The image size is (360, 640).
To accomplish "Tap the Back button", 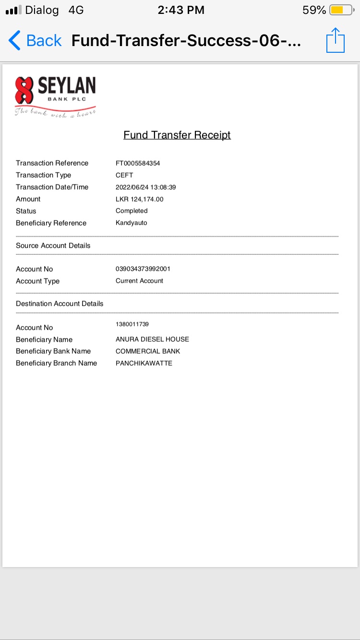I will (35, 41).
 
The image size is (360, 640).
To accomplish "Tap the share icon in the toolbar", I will (336, 40).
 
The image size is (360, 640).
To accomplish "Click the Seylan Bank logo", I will (55, 96).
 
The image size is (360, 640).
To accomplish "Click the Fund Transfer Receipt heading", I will (177, 135).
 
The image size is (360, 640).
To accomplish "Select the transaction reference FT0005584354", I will (138, 163).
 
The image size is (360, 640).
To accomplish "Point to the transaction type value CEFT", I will (124, 175).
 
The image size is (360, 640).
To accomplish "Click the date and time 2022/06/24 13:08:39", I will (146, 187).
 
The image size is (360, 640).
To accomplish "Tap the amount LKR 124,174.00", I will (140, 199).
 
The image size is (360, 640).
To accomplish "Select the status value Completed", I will (132, 211).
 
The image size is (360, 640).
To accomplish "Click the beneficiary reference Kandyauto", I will (132, 223).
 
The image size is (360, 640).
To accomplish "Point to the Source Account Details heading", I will (53, 246).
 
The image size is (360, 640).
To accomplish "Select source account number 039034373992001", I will (143, 269).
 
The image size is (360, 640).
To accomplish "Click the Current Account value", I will (139, 281).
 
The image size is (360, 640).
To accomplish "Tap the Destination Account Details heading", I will (60, 304).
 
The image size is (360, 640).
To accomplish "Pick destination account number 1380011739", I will (132, 324).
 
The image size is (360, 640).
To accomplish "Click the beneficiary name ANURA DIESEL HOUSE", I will (152, 339).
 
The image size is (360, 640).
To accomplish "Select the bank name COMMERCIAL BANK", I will (148, 351).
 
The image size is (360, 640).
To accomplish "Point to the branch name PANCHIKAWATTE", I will (144, 363).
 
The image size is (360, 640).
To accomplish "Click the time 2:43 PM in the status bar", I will (181, 10).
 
